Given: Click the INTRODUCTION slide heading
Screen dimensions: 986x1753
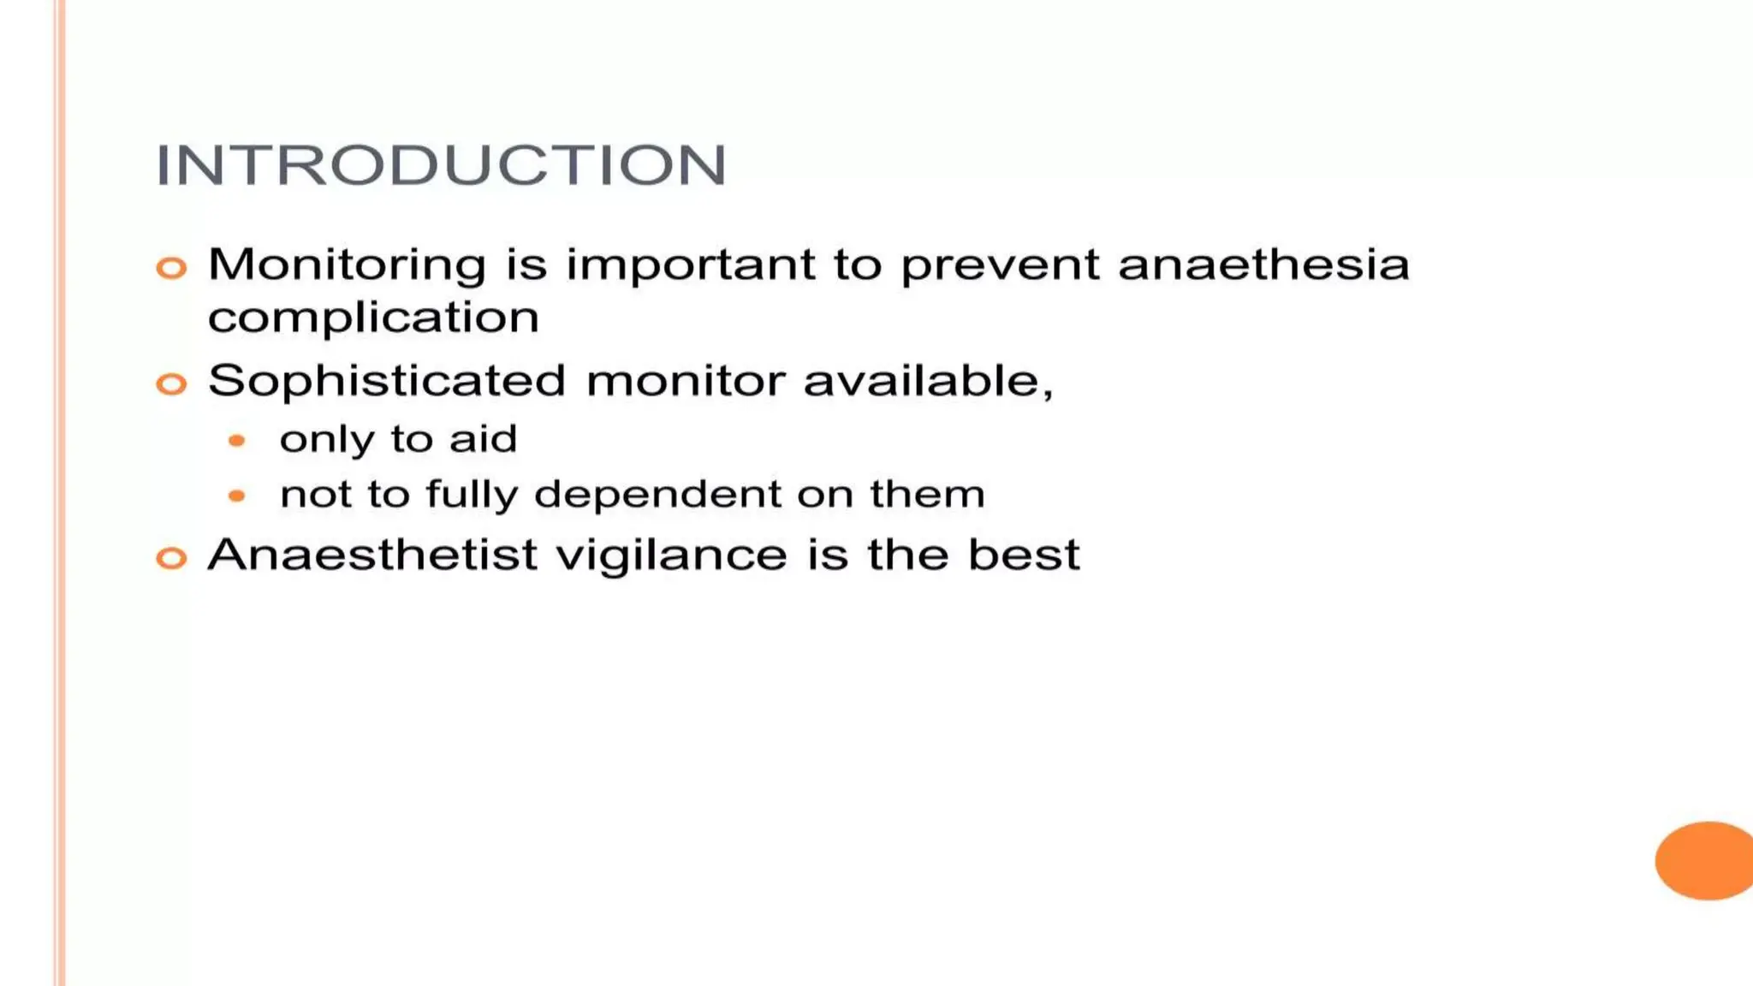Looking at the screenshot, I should coord(441,164).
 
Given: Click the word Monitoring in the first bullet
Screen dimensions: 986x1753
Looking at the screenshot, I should coord(347,264).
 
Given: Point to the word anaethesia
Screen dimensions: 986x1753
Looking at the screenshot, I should coord(1263,264).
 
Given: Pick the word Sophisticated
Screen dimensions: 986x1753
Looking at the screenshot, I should coord(387,381).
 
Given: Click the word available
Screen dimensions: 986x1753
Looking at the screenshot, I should coord(928,381).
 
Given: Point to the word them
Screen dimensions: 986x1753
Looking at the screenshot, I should coord(927,495).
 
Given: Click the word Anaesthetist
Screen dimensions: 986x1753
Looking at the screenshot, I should coord(372,555).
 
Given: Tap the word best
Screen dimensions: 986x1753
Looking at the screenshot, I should coord(1024,555).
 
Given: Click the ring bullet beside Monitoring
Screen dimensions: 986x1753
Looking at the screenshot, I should coord(171,268).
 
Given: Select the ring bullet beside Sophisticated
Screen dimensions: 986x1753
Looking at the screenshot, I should coord(171,383).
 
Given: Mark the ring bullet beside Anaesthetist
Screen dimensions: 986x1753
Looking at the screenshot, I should coord(171,558).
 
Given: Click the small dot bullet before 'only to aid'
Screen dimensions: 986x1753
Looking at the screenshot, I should coord(237,441).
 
